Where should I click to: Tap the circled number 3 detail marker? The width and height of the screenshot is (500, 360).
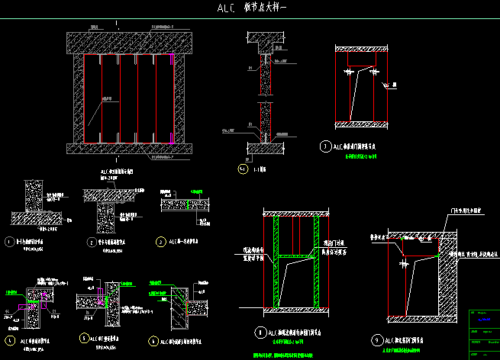(x=160, y=242)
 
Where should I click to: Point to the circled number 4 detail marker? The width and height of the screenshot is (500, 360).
(x=10, y=340)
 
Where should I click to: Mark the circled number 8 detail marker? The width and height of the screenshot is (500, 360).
(x=260, y=332)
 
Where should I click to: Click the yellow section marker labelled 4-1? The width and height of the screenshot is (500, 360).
(x=243, y=169)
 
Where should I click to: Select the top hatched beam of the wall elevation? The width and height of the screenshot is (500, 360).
(x=127, y=42)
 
